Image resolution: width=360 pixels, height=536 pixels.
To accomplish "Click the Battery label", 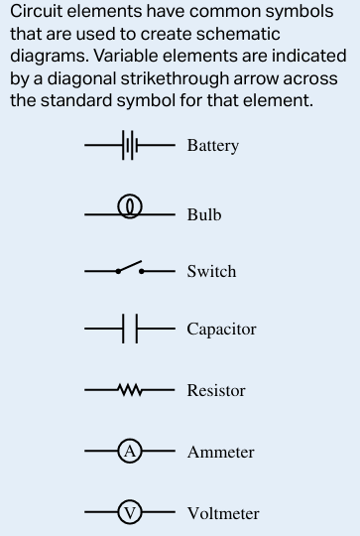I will [212, 146].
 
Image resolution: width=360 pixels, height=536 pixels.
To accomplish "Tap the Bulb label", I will [203, 214].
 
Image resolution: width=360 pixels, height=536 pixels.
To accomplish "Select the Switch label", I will [211, 271].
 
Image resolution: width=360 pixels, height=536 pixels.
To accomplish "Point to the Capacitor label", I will [221, 329].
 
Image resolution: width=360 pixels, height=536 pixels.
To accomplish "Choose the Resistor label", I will [216, 390].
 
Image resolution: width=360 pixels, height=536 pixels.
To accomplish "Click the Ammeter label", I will [220, 452].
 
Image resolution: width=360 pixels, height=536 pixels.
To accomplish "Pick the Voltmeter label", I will [223, 513].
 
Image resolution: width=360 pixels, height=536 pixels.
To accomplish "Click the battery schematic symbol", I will [129, 146].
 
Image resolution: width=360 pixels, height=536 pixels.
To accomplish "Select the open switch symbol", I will [129, 269].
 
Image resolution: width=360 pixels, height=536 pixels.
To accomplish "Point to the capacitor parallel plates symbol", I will [129, 329].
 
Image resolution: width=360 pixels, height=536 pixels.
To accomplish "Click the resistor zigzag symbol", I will [130, 390].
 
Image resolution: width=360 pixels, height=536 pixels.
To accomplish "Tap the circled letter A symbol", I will [130, 452].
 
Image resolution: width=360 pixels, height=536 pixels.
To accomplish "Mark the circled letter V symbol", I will [130, 513].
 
